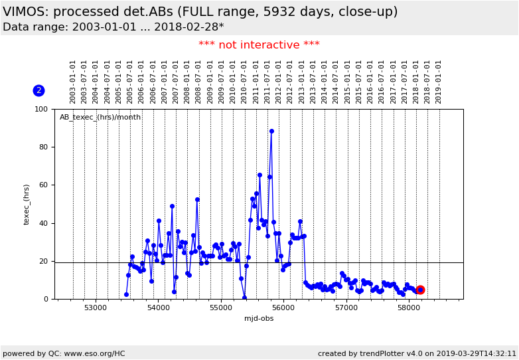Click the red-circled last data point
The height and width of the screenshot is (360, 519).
click(420, 290)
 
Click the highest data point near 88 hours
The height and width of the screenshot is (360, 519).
click(271, 132)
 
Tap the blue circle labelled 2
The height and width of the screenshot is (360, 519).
click(38, 90)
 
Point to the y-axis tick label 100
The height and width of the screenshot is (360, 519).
click(41, 109)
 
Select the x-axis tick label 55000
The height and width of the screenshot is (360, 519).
click(221, 308)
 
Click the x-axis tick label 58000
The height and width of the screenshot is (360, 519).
click(408, 308)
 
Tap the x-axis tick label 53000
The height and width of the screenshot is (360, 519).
click(96, 308)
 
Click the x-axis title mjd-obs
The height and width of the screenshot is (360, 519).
click(259, 319)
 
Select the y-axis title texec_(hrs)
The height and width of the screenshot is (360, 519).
click(27, 204)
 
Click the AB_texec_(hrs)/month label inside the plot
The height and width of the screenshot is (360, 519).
click(100, 117)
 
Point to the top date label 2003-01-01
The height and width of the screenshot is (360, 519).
click(73, 81)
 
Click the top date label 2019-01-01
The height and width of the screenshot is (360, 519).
click(439, 81)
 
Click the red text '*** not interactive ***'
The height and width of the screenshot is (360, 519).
click(259, 45)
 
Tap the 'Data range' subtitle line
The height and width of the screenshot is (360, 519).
click(113, 27)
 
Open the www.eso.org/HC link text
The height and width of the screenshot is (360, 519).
click(87, 353)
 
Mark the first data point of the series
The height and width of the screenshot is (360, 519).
click(126, 294)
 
